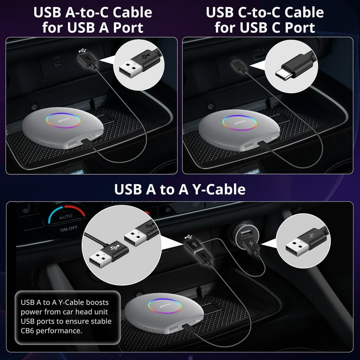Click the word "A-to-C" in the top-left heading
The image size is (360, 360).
click(88, 12)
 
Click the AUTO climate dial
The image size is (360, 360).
click(66, 217)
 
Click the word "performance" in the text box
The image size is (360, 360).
click(66, 330)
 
